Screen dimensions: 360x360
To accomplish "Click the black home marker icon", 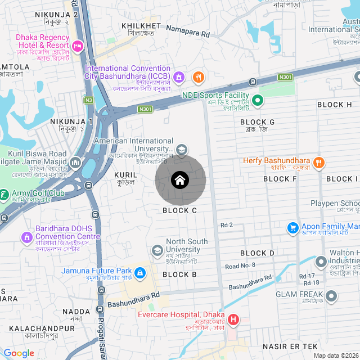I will tap(180, 181).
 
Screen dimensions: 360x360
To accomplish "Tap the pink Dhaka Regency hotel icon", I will tap(78, 44).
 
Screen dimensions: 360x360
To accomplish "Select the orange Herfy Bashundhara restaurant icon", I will tap(318, 163).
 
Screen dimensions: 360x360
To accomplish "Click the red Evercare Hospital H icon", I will tap(232, 321).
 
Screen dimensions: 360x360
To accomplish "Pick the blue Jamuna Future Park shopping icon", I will tap(139, 274).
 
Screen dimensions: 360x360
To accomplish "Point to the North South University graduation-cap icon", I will tap(157, 250).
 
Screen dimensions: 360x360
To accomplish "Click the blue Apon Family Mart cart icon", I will tap(292, 228).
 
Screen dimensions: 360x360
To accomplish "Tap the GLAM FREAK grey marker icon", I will tap(331, 295).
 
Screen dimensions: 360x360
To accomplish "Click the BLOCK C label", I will tap(179, 210).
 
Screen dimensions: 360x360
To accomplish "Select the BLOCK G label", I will tap(257, 122).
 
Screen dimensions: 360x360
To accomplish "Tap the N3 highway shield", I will tap(88, 100).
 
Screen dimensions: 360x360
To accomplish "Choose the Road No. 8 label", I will tap(240, 265).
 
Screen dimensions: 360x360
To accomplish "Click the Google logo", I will tap(19, 353).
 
